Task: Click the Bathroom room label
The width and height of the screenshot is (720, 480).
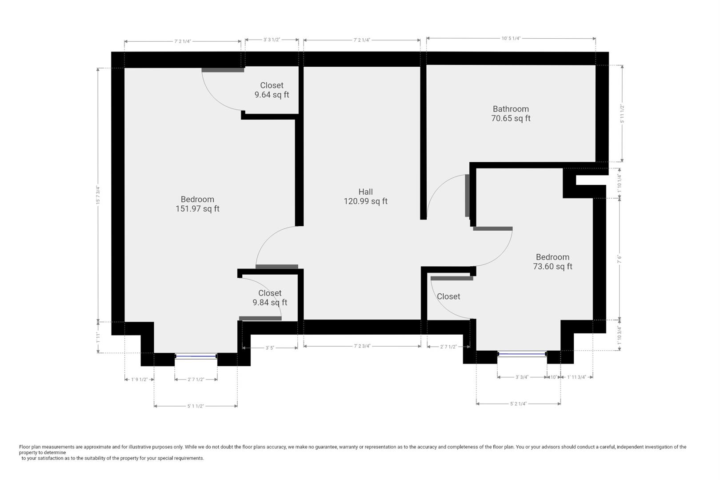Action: [x=511, y=109]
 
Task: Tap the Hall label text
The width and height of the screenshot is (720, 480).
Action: [x=365, y=192]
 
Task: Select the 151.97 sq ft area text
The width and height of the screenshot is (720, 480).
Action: [x=197, y=209]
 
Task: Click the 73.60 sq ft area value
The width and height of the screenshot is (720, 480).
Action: [x=552, y=267]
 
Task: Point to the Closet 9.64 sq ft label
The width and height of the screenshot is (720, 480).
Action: [x=272, y=90]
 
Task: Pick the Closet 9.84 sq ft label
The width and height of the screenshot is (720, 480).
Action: [x=270, y=298]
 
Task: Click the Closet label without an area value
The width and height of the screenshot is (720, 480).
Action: [x=448, y=296]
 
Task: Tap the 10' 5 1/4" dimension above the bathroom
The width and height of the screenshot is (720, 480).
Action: [x=511, y=38]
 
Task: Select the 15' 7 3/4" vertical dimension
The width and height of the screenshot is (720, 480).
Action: [x=97, y=195]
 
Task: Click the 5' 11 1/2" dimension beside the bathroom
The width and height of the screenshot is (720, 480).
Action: [x=622, y=114]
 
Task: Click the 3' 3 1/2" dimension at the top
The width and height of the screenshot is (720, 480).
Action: [x=272, y=40]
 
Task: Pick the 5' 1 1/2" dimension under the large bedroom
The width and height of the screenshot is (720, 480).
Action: [x=196, y=406]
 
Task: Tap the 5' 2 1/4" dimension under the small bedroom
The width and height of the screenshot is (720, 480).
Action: [x=518, y=404]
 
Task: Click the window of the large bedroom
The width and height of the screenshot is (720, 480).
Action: [x=196, y=356]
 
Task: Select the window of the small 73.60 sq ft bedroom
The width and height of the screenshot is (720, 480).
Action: [x=522, y=354]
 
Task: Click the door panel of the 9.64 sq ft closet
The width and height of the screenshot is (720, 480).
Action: [x=223, y=70]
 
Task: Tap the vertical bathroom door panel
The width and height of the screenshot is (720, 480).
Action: [x=467, y=196]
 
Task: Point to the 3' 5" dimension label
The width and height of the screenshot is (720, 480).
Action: [x=270, y=348]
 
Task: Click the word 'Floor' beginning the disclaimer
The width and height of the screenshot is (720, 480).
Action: [x=25, y=447]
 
